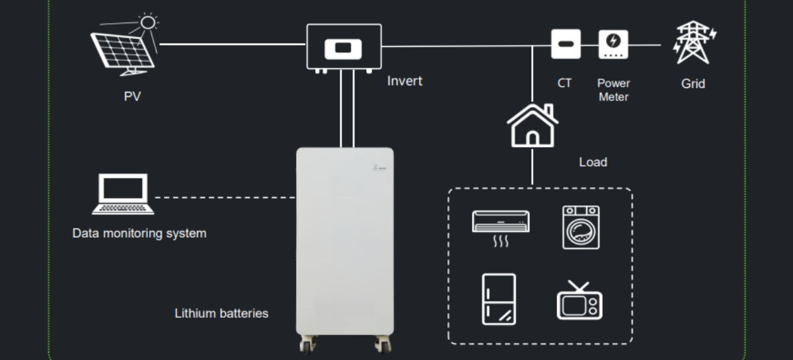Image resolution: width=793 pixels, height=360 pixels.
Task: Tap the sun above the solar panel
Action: pyautogui.click(x=147, y=22)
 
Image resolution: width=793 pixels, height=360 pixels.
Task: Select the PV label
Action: pyautogui.click(x=132, y=96)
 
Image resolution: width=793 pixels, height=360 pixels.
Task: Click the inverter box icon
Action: pyautogui.click(x=344, y=48)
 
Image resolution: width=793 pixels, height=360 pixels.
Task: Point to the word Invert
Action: pyautogui.click(x=404, y=81)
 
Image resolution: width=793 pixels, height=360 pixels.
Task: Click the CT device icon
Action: pyautogui.click(x=566, y=44)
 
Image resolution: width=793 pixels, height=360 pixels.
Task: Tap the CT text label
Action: pyautogui.click(x=564, y=83)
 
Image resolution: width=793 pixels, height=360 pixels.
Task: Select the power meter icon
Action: pyautogui.click(x=613, y=44)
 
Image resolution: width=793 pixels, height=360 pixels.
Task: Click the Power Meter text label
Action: pyautogui.click(x=613, y=90)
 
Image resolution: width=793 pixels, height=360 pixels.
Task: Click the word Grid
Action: pyautogui.click(x=693, y=84)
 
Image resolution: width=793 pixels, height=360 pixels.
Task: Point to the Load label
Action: pyautogui.click(x=593, y=162)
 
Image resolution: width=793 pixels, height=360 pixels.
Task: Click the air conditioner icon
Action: pyautogui.click(x=501, y=225)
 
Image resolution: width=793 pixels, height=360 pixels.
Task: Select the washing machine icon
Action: pyautogui.click(x=581, y=227)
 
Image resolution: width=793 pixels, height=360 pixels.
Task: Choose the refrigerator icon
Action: pyautogui.click(x=499, y=299)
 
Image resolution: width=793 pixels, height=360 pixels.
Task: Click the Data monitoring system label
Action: pyautogui.click(x=139, y=233)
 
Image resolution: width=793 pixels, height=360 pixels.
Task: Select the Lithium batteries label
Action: pyautogui.click(x=221, y=313)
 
